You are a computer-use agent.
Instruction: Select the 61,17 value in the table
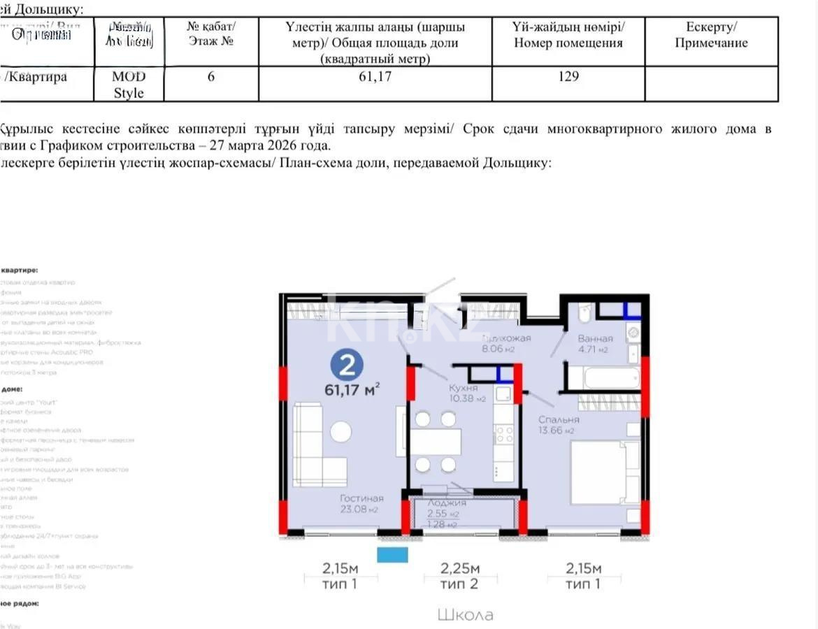(375, 77)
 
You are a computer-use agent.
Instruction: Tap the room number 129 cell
(568, 77)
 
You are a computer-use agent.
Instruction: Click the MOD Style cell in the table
(129, 85)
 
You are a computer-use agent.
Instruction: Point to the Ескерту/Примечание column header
(711, 35)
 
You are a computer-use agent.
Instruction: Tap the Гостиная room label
(361, 498)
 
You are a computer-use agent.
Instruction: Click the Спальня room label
(558, 419)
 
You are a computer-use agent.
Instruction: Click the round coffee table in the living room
(341, 431)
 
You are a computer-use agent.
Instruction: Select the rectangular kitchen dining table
(436, 442)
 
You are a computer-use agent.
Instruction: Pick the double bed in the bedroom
(603, 472)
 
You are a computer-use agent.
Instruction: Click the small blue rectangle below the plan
(392, 555)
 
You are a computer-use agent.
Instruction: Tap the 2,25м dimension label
(460, 568)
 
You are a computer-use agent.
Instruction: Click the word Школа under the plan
(465, 615)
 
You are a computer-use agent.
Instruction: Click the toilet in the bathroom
(586, 312)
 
